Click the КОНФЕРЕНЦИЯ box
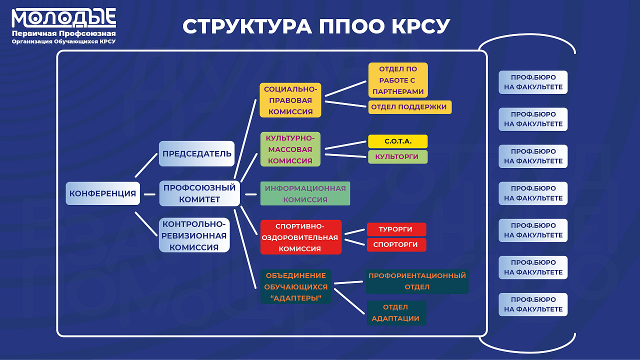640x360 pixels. pyautogui.click(x=102, y=193)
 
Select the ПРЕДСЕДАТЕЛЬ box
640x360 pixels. pyautogui.click(x=196, y=153)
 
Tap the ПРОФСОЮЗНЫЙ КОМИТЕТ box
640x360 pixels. pyautogui.click(x=199, y=193)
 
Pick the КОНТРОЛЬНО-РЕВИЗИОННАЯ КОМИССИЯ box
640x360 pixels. pyautogui.click(x=194, y=235)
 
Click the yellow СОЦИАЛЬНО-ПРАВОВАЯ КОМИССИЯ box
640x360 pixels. pyautogui.click(x=290, y=100)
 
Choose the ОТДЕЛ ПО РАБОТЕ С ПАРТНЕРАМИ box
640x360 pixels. pyautogui.click(x=398, y=80)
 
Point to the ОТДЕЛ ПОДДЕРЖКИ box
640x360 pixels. pyautogui.click(x=410, y=107)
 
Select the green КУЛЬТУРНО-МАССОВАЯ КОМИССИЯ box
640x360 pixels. pyautogui.click(x=290, y=149)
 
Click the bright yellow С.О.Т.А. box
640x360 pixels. pyautogui.click(x=398, y=141)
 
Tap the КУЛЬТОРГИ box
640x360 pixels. pyautogui.click(x=397, y=156)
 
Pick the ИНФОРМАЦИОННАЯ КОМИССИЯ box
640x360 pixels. pyautogui.click(x=305, y=194)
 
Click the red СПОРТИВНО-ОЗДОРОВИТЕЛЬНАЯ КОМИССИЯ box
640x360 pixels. pyautogui.click(x=301, y=237)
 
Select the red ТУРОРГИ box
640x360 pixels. pyautogui.click(x=396, y=229)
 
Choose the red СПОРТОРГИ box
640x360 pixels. pyautogui.click(x=396, y=245)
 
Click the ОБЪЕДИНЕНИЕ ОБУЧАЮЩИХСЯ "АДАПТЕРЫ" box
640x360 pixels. pyautogui.click(x=295, y=287)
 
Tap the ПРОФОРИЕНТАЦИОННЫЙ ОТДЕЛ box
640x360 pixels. pyautogui.click(x=417, y=281)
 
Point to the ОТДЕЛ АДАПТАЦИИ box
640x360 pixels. pyautogui.click(x=396, y=313)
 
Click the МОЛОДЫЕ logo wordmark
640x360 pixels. pyautogui.click(x=64, y=18)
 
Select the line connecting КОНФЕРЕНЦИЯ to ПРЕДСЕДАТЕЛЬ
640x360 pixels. pyautogui.click(x=146, y=165)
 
